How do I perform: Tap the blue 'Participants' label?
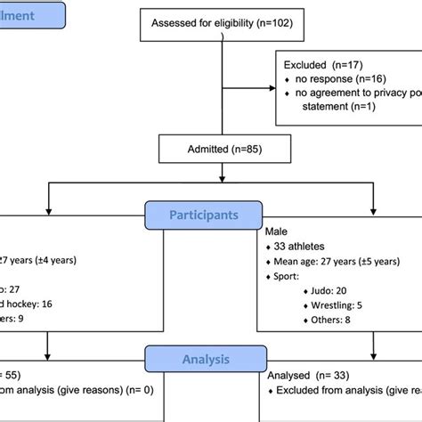tap(204, 215)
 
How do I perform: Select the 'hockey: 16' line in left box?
tap(27, 304)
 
